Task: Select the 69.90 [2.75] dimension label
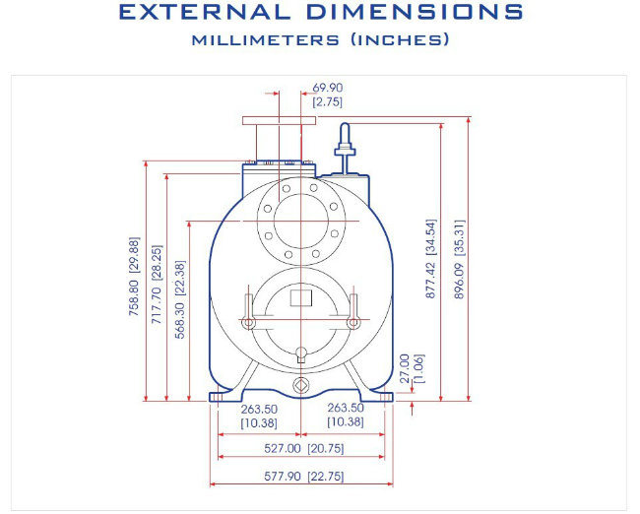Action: pos(328,95)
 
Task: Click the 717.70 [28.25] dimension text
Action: pos(156,286)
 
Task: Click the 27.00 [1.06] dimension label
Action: pos(411,366)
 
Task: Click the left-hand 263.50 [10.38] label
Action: pos(258,415)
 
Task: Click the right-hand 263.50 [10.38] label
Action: pos(345,415)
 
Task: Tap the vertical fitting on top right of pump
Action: pos(345,148)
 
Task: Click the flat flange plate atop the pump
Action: pos(280,121)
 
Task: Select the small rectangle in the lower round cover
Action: pos(301,295)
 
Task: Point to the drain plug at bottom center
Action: pos(301,384)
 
